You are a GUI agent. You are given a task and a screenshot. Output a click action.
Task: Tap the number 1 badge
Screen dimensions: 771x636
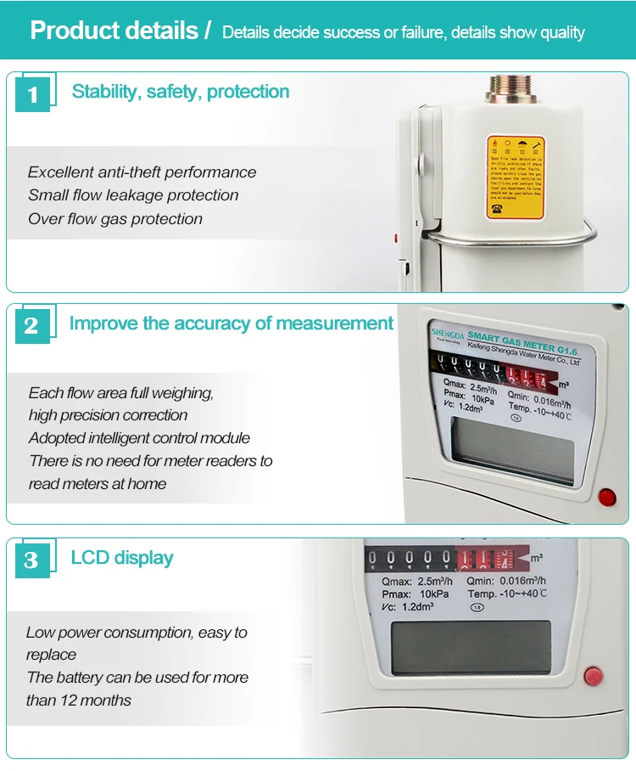click(x=32, y=93)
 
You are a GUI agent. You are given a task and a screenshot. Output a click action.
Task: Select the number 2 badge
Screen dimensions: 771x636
click(x=32, y=326)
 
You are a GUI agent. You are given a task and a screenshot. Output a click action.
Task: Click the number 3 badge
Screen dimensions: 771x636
click(x=32, y=560)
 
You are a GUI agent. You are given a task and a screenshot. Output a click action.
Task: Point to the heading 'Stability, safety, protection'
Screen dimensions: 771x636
click(x=181, y=92)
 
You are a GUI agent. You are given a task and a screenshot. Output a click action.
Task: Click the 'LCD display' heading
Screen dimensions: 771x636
click(x=122, y=558)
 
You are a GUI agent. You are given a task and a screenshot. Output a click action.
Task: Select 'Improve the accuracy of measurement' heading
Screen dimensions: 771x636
click(x=232, y=324)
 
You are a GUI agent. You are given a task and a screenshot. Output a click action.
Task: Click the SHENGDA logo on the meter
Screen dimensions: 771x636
click(x=449, y=333)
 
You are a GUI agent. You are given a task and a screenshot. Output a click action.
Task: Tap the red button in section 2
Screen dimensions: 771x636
click(x=606, y=497)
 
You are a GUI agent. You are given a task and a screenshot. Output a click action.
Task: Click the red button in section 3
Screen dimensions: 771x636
click(x=594, y=677)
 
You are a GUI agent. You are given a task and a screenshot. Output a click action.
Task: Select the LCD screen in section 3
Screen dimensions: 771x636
click(x=470, y=648)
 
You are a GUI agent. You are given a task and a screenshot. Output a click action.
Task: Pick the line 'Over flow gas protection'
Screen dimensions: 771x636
click(x=115, y=219)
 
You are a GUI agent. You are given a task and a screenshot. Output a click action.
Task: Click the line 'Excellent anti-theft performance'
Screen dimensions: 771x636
click(x=142, y=172)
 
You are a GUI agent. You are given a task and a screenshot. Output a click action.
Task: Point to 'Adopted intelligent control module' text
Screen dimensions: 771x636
click(x=139, y=438)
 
